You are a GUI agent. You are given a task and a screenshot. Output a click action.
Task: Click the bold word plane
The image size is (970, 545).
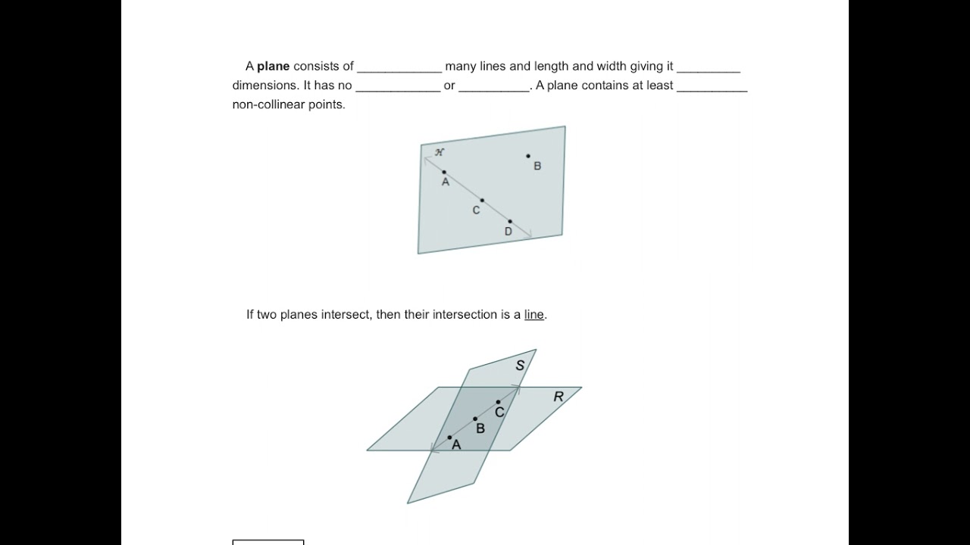[273, 67]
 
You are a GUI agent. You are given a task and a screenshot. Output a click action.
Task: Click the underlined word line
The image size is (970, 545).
[533, 315]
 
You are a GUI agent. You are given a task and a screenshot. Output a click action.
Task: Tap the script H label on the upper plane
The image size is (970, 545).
[440, 152]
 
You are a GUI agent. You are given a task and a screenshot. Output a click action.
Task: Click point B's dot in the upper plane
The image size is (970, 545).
[528, 156]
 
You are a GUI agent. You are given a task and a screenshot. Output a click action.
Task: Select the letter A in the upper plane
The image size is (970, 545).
[446, 182]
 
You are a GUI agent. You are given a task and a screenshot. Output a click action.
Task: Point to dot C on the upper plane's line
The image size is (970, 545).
[482, 201]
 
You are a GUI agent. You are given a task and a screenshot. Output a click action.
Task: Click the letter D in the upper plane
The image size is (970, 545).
[508, 232]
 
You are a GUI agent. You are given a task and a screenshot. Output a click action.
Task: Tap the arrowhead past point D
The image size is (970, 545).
[528, 235]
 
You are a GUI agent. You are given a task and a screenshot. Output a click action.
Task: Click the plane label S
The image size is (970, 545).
[520, 366]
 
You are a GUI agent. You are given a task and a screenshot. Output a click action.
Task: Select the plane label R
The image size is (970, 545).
[559, 397]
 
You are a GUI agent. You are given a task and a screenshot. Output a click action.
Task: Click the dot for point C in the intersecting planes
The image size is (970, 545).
[498, 402]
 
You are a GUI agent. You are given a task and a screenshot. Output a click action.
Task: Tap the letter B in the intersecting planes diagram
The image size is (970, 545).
[480, 428]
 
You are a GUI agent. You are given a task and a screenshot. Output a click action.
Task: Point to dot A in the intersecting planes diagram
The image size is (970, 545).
[449, 438]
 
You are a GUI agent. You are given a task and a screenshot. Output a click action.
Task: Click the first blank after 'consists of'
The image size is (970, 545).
[399, 67]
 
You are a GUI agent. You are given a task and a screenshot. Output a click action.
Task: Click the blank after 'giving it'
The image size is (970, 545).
[709, 67]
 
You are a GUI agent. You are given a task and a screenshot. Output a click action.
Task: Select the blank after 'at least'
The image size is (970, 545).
[712, 86]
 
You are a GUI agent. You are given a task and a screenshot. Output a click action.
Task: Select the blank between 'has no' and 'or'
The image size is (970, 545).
[398, 86]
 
